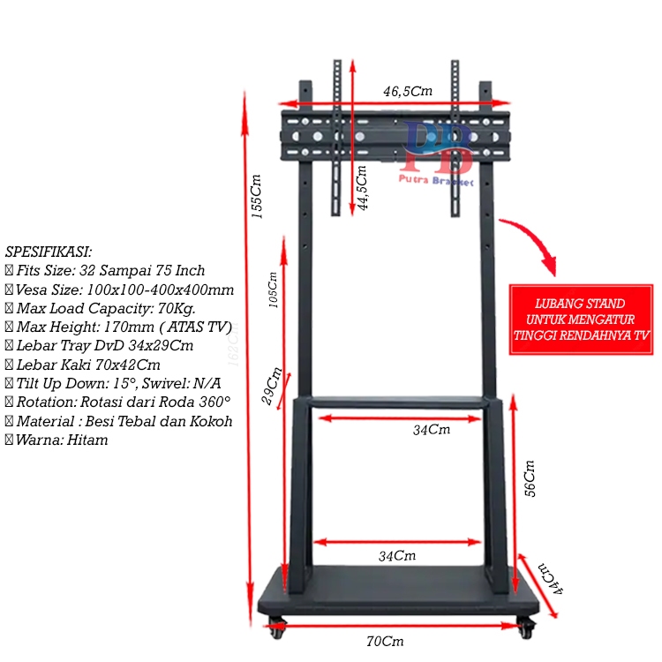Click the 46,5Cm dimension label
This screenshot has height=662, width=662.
(x=407, y=91)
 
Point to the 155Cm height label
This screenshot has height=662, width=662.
(x=257, y=196)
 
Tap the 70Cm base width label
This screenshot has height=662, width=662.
(x=385, y=642)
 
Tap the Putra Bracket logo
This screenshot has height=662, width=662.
(x=438, y=155)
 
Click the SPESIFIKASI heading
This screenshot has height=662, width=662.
(x=49, y=252)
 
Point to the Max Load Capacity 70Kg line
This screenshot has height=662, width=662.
(x=101, y=308)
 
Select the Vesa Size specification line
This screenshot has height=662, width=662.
(x=120, y=290)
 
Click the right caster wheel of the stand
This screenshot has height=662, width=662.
(x=526, y=628)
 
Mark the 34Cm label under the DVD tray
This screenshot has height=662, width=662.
(x=432, y=430)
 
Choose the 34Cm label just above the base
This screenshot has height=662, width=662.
(x=398, y=556)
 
